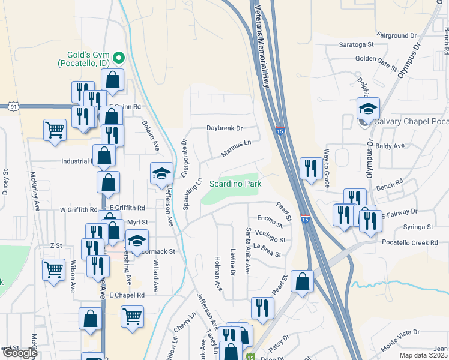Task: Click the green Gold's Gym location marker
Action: coord(119,58)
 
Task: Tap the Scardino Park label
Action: coord(235,184)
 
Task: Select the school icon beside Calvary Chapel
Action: coord(368,109)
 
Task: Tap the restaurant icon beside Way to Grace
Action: coord(310,169)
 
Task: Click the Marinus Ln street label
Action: coord(235,148)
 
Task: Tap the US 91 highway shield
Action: coord(13,106)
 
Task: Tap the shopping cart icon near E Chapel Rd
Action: coord(132,316)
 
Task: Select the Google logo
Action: coord(19,353)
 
